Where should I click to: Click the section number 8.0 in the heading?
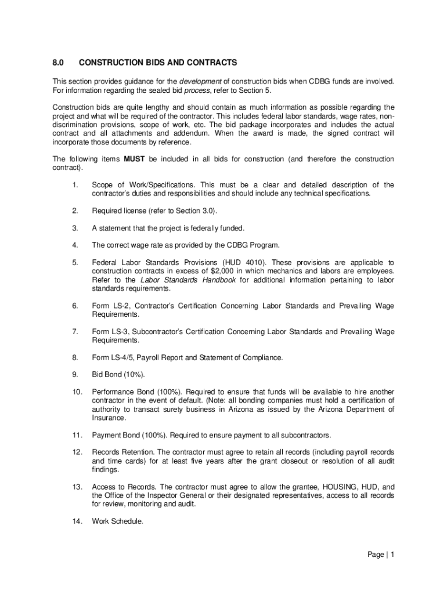click(x=59, y=62)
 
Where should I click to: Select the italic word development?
click(x=200, y=81)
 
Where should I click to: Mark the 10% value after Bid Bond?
click(x=134, y=374)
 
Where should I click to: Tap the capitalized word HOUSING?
click(x=326, y=487)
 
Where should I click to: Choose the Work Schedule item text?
click(x=117, y=521)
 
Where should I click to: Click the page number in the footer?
click(x=392, y=555)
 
